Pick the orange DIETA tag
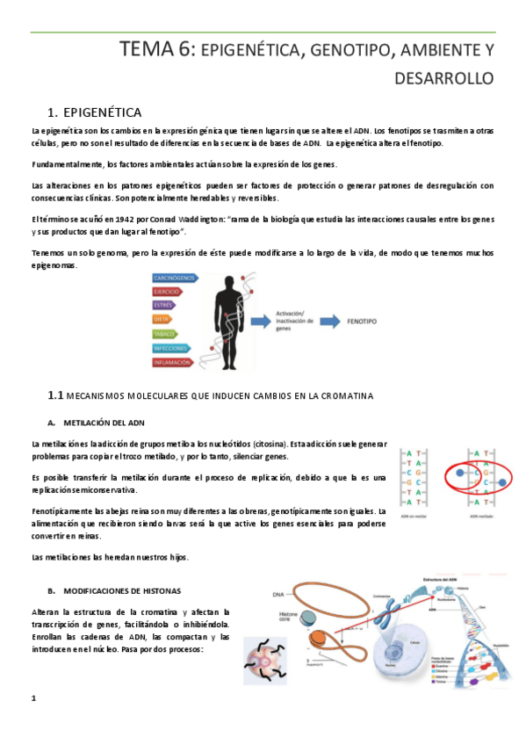[164, 320]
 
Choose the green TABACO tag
[167, 334]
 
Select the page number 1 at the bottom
[33, 698]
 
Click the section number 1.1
[55, 396]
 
